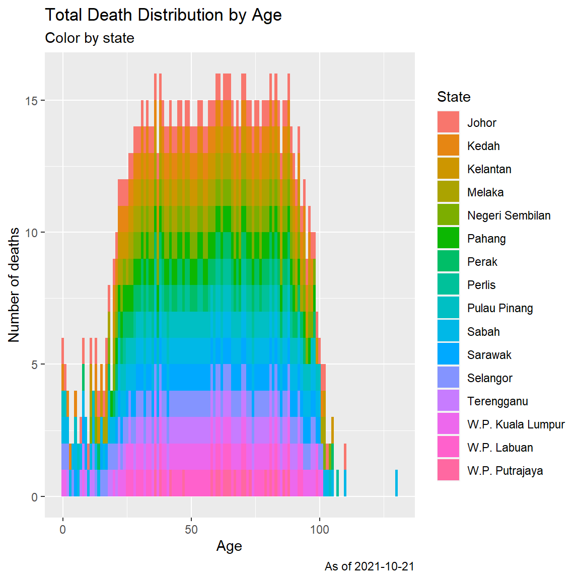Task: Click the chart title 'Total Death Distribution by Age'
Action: point(163,15)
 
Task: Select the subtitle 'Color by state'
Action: point(90,38)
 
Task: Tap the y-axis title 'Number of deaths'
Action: point(14,285)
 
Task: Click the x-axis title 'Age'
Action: point(229,546)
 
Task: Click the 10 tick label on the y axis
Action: point(31,233)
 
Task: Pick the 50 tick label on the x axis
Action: point(191,530)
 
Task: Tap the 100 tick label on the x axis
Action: point(319,530)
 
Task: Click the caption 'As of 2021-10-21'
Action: point(369,566)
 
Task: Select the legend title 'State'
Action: point(454,97)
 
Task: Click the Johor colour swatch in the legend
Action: point(448,122)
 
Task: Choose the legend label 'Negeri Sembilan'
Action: point(509,215)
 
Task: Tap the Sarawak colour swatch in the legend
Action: point(448,354)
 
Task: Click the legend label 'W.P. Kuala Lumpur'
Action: point(516,424)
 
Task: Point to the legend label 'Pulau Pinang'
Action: point(500,308)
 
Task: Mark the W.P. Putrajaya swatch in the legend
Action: point(448,470)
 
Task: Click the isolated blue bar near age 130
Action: point(397,483)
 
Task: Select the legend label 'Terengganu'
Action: point(497,401)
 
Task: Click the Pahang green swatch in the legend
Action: point(448,239)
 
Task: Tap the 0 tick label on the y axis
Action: point(34,497)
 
